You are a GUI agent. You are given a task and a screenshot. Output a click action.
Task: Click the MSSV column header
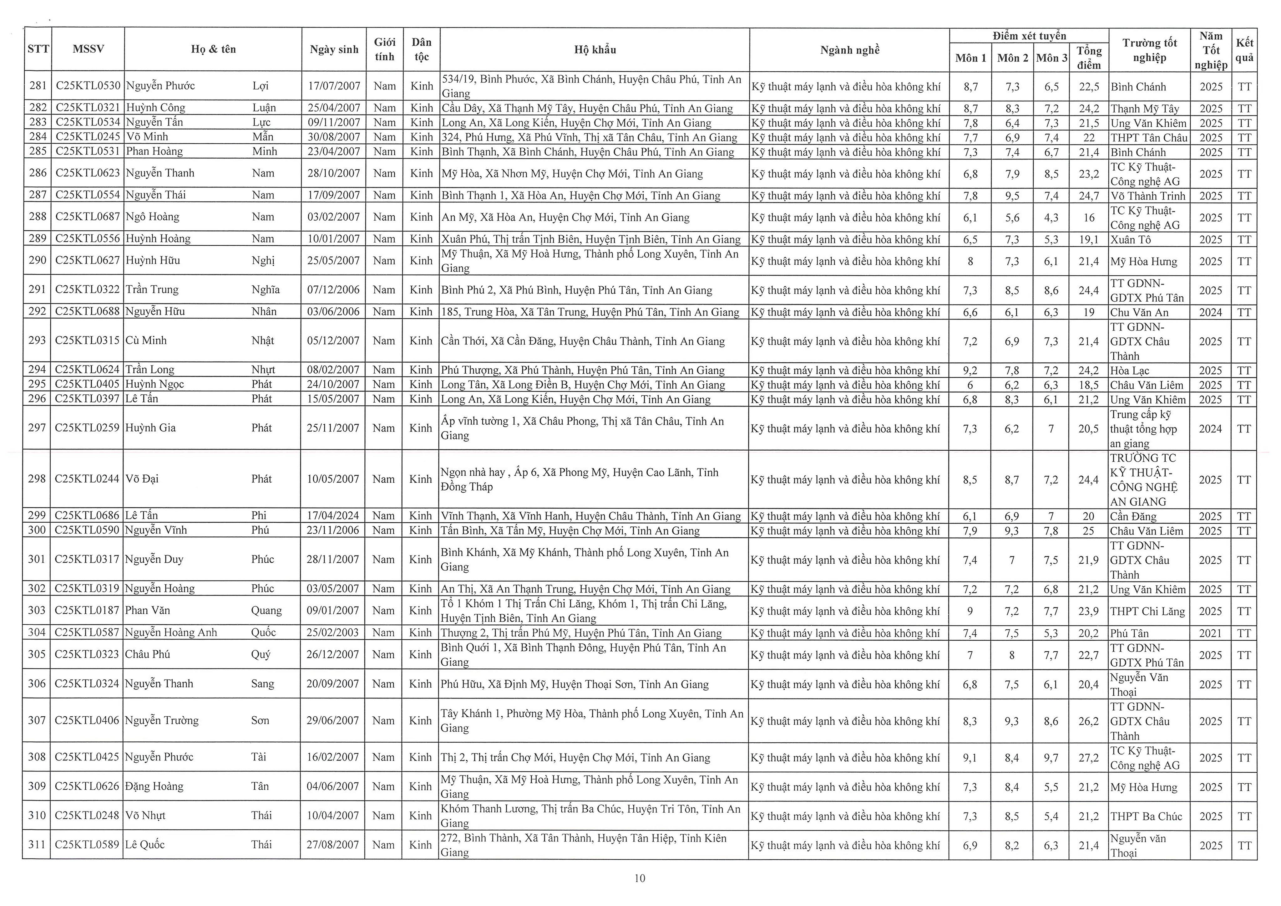point(88,49)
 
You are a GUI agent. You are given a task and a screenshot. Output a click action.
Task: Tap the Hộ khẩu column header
point(595,50)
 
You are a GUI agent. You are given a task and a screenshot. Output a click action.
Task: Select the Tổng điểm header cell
point(1089,58)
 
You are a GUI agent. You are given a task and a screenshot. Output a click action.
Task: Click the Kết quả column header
point(1244,50)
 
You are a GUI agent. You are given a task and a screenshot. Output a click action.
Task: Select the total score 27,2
point(1089,758)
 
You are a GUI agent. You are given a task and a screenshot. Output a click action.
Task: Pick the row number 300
point(37,530)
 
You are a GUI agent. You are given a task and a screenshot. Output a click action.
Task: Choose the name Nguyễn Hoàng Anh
point(171,632)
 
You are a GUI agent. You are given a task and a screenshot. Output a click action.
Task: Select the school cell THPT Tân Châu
point(1149,137)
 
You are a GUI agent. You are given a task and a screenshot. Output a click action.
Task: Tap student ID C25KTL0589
point(87,845)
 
